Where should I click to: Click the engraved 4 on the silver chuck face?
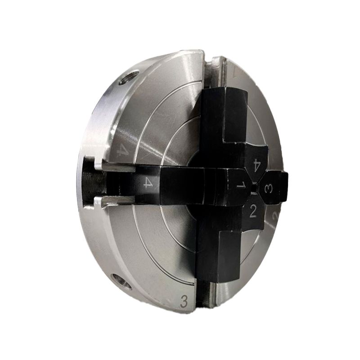pyautogui.click(x=121, y=149)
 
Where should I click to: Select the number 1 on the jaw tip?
pyautogui.click(x=241, y=185)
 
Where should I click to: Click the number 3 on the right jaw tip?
pyautogui.click(x=269, y=189)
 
